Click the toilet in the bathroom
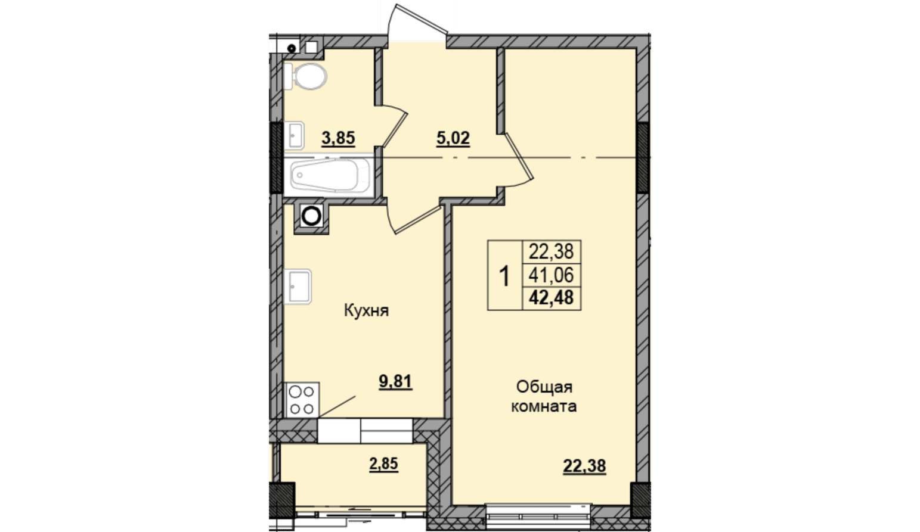(x=305, y=76)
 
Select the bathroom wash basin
(x=294, y=135)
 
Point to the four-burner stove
(x=302, y=400)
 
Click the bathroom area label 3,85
(x=338, y=138)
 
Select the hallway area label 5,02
(x=453, y=138)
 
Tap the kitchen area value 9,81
(x=395, y=382)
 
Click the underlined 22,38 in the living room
(x=584, y=466)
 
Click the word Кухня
(x=366, y=311)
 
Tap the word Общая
(x=544, y=387)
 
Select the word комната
(x=544, y=406)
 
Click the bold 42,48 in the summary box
(x=551, y=298)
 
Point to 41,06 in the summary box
(x=551, y=275)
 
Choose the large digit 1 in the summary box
(x=504, y=276)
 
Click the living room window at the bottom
(x=538, y=516)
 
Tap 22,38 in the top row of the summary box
(x=551, y=251)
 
